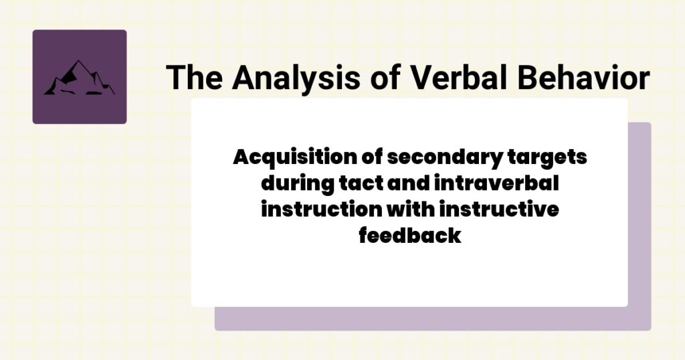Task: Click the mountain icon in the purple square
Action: pos(79,78)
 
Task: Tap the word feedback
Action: pos(409,235)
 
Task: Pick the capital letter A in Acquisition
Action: pos(241,158)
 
